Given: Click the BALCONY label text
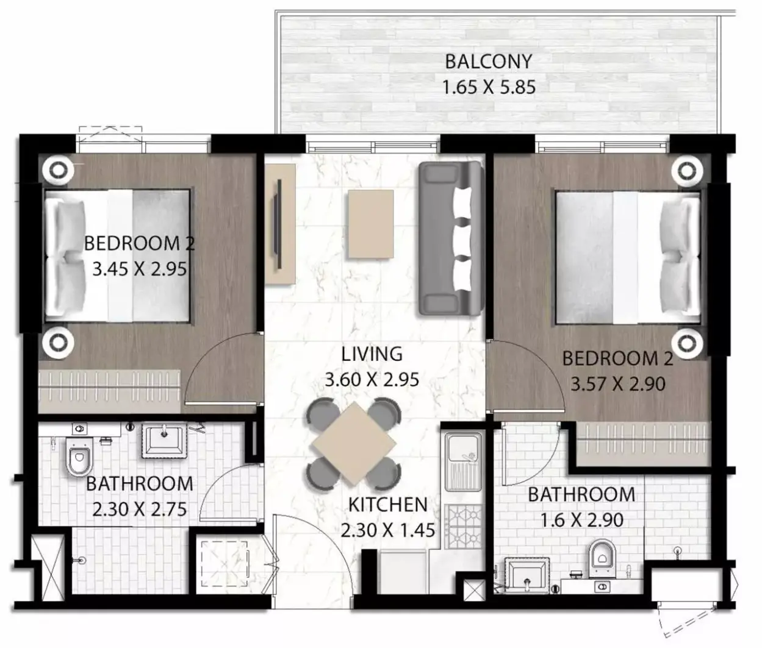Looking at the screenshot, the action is tap(489, 62).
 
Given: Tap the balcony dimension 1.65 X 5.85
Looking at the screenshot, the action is tap(489, 88).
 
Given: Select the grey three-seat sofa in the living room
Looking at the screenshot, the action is tap(450, 239).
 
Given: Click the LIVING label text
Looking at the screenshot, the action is tap(372, 354).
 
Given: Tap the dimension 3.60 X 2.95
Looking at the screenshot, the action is tap(372, 380).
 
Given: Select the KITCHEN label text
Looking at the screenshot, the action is tap(388, 505).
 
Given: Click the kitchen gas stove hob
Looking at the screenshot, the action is tap(464, 527).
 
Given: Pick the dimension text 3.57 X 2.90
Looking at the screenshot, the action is tap(618, 384).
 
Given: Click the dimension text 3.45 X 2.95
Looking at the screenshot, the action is tap(139, 269).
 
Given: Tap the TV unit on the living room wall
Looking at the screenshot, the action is tap(280, 224).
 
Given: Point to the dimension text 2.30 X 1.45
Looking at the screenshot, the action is tap(388, 531).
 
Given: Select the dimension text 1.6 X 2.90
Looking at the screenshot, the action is tap(582, 520).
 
